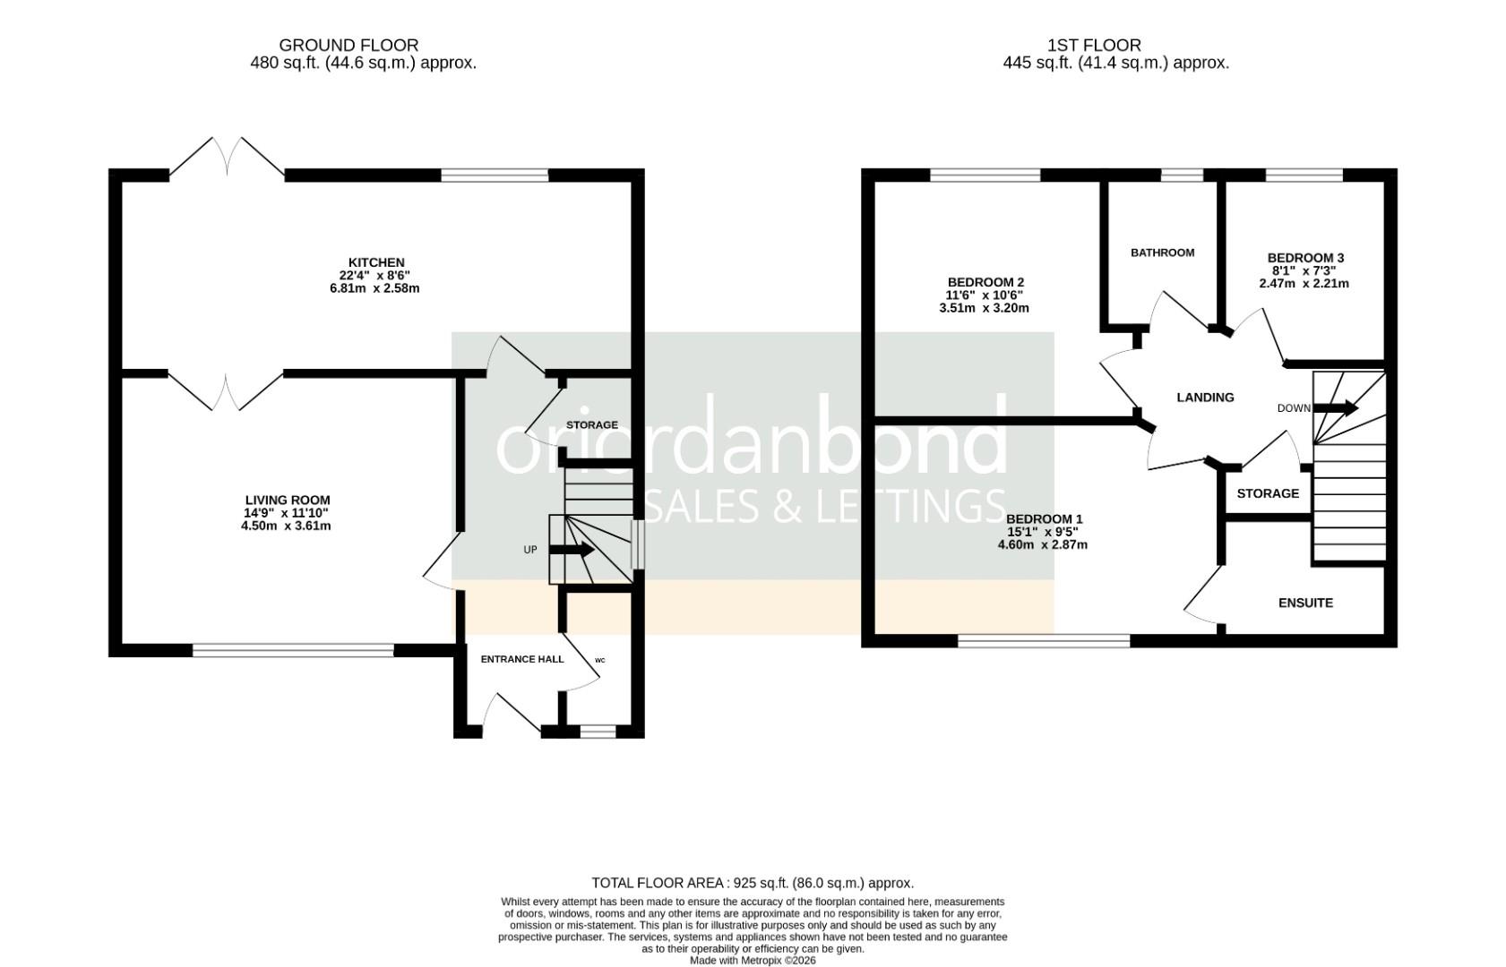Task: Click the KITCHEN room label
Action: click(376, 262)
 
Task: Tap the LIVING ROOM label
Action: click(288, 501)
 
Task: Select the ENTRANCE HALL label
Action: click(522, 659)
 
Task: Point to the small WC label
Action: click(599, 661)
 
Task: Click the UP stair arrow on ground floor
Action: click(571, 550)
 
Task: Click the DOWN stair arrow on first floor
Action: click(1335, 408)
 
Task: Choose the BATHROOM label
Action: click(1162, 252)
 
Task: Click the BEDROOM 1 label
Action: click(1044, 519)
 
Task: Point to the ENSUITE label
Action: click(1305, 603)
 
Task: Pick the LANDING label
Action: click(1205, 398)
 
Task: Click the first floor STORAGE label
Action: click(1268, 493)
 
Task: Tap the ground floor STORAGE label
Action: click(591, 425)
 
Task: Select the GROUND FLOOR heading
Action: click(349, 45)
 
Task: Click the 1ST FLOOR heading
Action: click(1094, 45)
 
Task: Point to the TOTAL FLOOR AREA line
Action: click(753, 883)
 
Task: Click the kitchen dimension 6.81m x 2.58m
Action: click(374, 288)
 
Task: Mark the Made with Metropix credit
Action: click(753, 961)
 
